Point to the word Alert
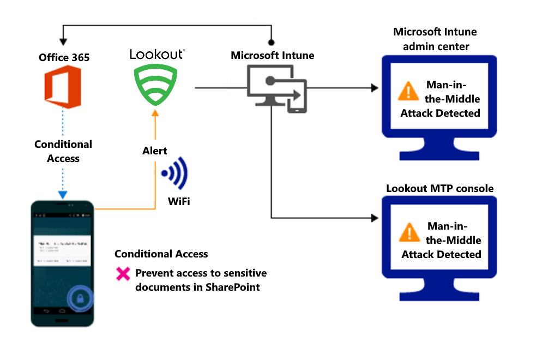click(x=154, y=151)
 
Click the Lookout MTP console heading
click(x=439, y=189)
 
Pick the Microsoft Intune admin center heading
click(x=435, y=39)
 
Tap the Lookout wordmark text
click(x=156, y=54)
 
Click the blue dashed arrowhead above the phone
click(x=63, y=195)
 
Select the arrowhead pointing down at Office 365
click(x=63, y=41)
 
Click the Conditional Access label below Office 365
click(x=63, y=151)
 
